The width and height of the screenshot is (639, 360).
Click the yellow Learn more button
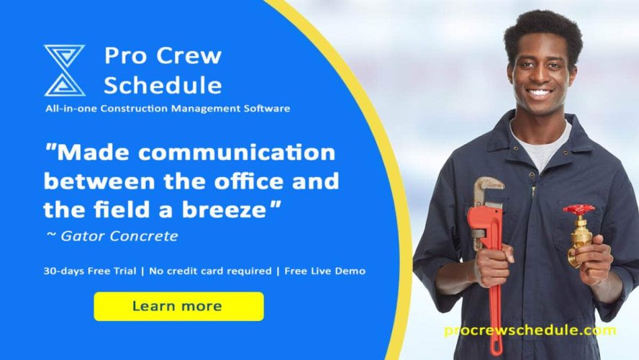178,306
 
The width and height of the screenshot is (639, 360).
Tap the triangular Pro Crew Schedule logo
64,70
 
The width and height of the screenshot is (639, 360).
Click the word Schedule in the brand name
163,85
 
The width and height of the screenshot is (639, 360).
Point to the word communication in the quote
237,153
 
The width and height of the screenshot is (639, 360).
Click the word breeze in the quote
224,210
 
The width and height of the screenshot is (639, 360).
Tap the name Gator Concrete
119,236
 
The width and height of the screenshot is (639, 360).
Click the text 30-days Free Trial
90,271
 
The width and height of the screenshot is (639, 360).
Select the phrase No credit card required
210,271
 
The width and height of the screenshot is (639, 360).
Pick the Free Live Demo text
325,271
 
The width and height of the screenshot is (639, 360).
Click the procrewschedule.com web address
530,330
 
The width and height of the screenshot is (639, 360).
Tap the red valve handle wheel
579,210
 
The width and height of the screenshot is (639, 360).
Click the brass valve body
580,240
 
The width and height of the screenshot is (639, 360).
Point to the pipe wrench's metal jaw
488,192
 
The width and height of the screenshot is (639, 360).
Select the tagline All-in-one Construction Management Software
168,109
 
